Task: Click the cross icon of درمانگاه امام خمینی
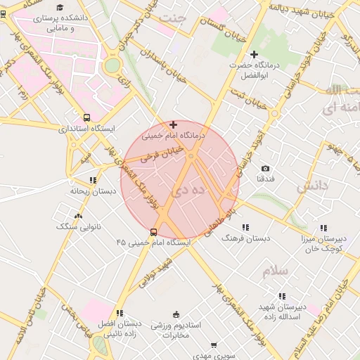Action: tap(173, 124)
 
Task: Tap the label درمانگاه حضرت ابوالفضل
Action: tap(254, 69)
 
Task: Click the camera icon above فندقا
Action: tap(265, 169)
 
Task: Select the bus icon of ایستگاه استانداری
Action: tap(86, 118)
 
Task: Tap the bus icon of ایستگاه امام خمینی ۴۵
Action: tap(154, 232)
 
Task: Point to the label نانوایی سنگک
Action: tap(78, 227)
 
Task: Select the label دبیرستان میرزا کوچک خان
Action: tap(323, 243)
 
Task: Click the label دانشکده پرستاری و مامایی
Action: tap(61, 23)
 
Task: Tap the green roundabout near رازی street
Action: tap(112, 66)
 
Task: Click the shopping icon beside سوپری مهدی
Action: tap(214, 345)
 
